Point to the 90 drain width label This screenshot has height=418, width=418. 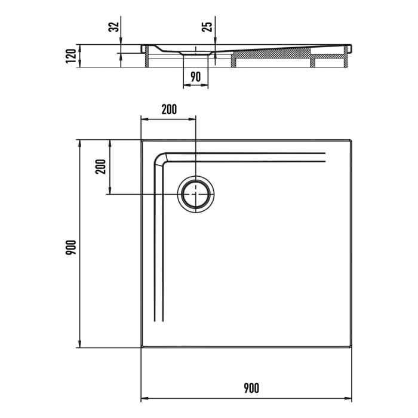click(195, 76)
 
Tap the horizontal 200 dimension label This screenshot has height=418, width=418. click(169, 109)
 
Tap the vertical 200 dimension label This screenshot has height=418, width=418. click(101, 166)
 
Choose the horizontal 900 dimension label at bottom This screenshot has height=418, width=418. click(251, 388)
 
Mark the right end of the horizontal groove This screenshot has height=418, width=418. click(325, 157)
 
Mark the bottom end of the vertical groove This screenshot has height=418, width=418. click(158, 321)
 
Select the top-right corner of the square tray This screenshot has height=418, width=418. click(351, 140)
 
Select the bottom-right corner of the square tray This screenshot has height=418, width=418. click(351, 348)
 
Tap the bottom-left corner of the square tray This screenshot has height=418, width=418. click(142, 348)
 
